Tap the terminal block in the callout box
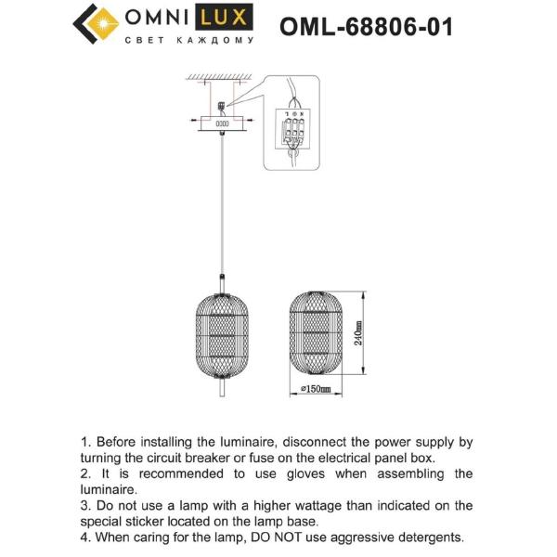coord(294,132)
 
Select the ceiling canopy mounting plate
coord(222,121)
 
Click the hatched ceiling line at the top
coord(222,76)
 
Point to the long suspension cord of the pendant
coord(222,204)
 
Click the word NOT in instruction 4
coord(275,538)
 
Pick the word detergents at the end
coord(427,538)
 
